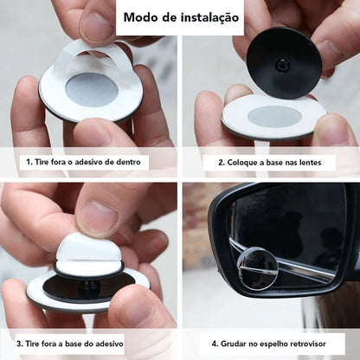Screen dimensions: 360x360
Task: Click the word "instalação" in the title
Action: click(x=209, y=17)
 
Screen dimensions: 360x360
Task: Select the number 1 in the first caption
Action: click(x=29, y=162)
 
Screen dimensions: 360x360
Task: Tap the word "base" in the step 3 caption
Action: click(x=73, y=344)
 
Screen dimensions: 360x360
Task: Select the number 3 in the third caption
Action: click(x=19, y=344)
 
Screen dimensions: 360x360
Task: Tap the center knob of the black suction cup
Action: click(x=282, y=65)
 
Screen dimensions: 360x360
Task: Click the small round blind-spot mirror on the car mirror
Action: click(x=259, y=268)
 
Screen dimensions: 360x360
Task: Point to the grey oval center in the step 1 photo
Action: click(x=90, y=89)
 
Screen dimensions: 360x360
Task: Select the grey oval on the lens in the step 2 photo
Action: click(x=274, y=117)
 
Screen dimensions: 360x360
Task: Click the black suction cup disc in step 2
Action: click(x=283, y=63)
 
